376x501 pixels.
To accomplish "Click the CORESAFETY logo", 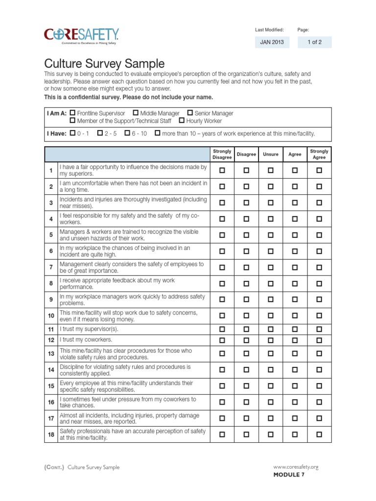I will (x=81, y=35).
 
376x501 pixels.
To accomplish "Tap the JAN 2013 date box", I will (x=271, y=43).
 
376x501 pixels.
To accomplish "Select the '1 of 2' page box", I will (x=314, y=43).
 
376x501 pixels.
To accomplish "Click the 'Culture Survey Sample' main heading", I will (x=104, y=64).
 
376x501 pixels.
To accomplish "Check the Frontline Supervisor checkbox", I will (x=72, y=113).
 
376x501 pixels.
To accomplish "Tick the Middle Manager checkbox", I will (x=136, y=113).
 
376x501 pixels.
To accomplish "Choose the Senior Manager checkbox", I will (x=190, y=113).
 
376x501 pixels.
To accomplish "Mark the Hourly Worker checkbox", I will (x=182, y=120).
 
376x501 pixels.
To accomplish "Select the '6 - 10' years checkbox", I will (x=127, y=133).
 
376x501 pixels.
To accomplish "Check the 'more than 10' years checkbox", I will (x=157, y=133).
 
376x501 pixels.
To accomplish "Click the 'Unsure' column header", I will (x=271, y=154).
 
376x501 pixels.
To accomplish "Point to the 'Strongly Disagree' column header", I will (x=222, y=154).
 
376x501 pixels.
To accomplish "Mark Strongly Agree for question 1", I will (x=319, y=170).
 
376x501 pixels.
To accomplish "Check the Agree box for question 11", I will (x=295, y=329).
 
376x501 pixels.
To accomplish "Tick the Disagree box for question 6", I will (x=246, y=251).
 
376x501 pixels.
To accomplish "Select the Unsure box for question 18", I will (x=271, y=434).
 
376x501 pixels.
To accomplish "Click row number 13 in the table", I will (x=51, y=353).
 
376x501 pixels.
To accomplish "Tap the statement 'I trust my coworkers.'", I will (x=86, y=340).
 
